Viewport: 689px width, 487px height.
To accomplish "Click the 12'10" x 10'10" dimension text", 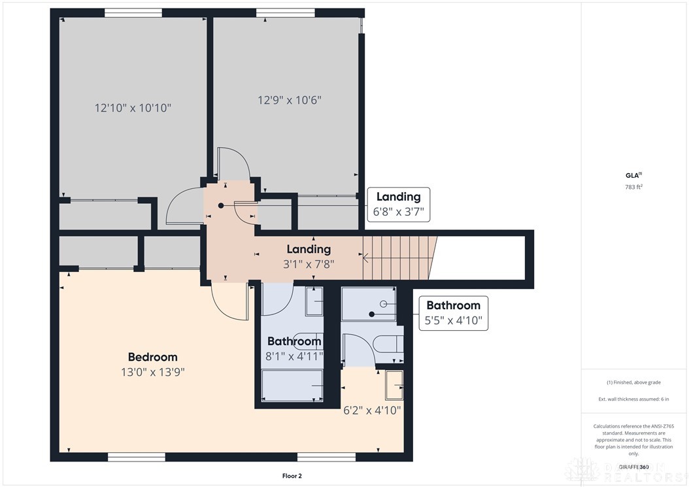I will pos(133,108).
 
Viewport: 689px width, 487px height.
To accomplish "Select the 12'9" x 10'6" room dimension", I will pos(289,100).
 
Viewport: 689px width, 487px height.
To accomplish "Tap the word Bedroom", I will pos(152,357).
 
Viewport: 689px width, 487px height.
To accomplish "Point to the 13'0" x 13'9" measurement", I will pos(152,372).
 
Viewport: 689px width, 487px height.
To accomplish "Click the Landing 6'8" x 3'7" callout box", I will pos(398,204).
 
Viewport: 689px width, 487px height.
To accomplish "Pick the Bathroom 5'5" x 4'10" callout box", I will pos(453,313).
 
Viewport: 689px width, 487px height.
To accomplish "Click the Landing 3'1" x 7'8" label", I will pos(309,256).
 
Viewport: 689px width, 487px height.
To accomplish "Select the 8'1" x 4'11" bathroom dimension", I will pos(294,356).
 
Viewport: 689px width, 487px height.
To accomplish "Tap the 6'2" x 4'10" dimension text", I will pos(371,411).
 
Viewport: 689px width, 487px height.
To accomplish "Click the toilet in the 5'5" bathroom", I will pos(390,344).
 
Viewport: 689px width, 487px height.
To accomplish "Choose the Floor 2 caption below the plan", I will pos(291,476).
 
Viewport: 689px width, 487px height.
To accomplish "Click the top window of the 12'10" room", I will pos(133,12).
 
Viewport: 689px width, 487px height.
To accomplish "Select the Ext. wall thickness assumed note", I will pos(634,399).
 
